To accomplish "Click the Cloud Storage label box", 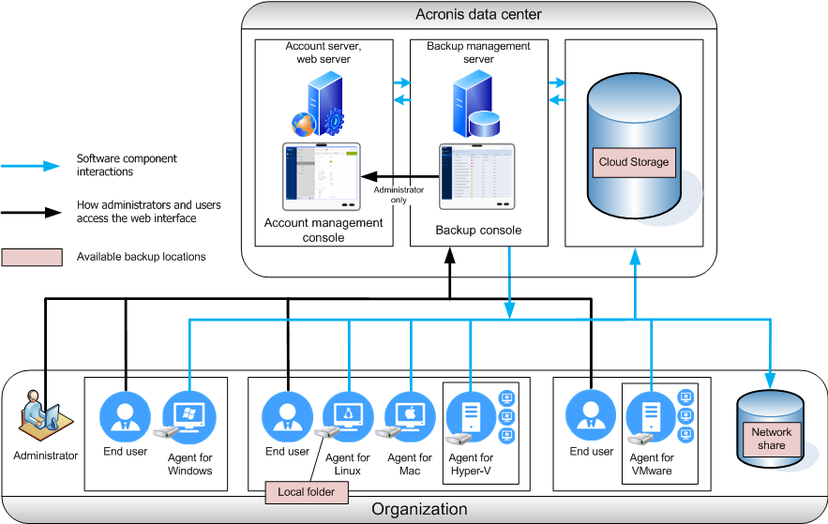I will pos(634,162).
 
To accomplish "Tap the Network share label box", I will pos(771,439).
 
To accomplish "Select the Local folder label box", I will pos(306,490).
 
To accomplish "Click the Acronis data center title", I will pos(478,14).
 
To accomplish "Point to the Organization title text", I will pos(419,510).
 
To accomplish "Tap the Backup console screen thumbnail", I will pos(478,176).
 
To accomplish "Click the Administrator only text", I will pos(392,195).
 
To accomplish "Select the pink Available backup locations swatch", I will pos(33,257).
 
